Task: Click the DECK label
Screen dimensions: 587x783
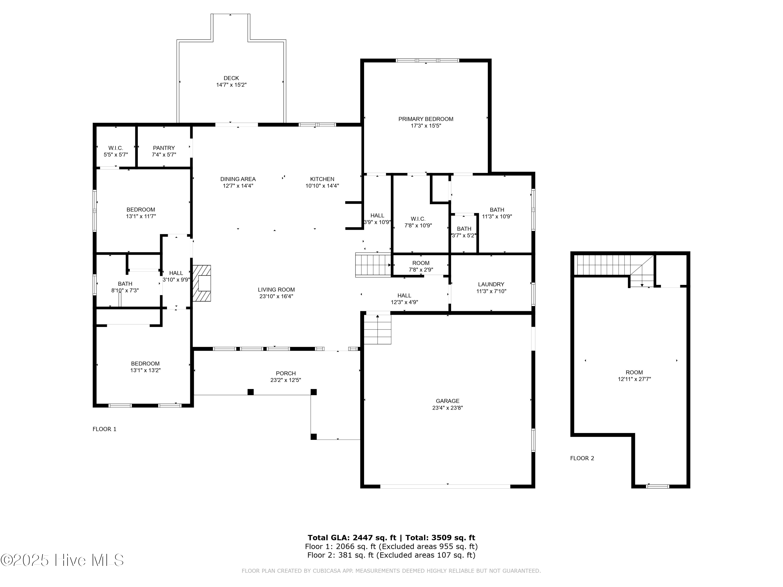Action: pyautogui.click(x=231, y=78)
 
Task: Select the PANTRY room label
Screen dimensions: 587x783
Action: pyautogui.click(x=164, y=148)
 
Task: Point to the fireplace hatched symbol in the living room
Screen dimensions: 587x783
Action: pyautogui.click(x=202, y=283)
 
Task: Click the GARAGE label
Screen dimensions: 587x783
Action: pyautogui.click(x=447, y=401)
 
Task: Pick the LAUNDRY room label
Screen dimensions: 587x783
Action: pyautogui.click(x=491, y=284)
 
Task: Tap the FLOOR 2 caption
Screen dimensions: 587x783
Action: pyautogui.click(x=582, y=458)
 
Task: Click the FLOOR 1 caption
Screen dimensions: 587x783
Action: pyautogui.click(x=104, y=429)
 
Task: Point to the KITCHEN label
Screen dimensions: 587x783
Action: pyautogui.click(x=322, y=179)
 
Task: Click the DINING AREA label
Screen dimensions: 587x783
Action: pyautogui.click(x=238, y=179)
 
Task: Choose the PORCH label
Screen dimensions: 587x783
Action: pyautogui.click(x=286, y=373)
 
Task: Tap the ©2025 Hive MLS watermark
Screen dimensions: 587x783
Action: pyautogui.click(x=62, y=560)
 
